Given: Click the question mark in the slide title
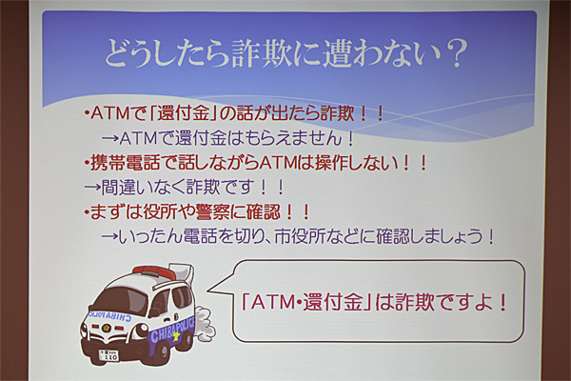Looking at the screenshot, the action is coord(457,53).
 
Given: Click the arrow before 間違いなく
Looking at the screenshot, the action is coord(92,188).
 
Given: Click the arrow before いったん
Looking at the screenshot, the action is coord(110,237).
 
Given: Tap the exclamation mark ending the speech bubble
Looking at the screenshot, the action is coord(502,302).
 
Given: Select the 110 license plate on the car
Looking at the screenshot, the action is coord(108,355).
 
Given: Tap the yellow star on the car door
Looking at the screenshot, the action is coord(176,335).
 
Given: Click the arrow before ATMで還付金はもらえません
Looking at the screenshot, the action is coord(110,139).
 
